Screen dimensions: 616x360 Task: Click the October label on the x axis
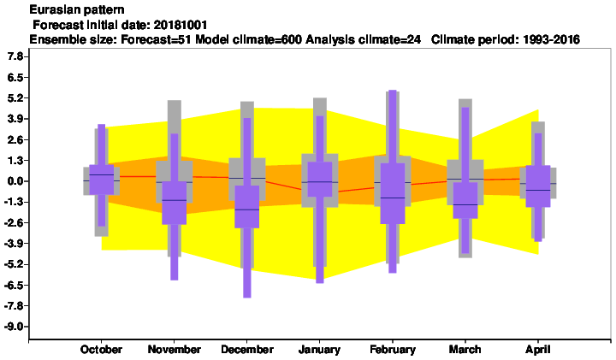(x=101, y=350)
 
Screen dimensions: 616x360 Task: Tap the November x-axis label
(x=174, y=350)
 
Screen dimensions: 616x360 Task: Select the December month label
(x=247, y=350)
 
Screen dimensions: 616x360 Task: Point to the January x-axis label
(x=319, y=350)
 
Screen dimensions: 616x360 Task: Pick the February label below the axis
(x=393, y=350)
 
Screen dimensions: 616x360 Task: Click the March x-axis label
(x=465, y=350)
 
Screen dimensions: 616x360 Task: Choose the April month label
(x=538, y=350)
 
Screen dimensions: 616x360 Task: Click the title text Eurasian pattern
(x=77, y=9)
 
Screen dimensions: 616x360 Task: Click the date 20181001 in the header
(x=181, y=25)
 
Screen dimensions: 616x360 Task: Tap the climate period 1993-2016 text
(x=551, y=39)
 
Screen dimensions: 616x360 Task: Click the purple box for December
(x=247, y=206)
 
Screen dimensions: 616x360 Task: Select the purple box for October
(x=101, y=180)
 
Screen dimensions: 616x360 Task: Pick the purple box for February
(x=393, y=193)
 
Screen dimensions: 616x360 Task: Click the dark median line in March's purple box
(x=465, y=204)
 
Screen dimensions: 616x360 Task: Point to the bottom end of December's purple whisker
(x=247, y=298)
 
